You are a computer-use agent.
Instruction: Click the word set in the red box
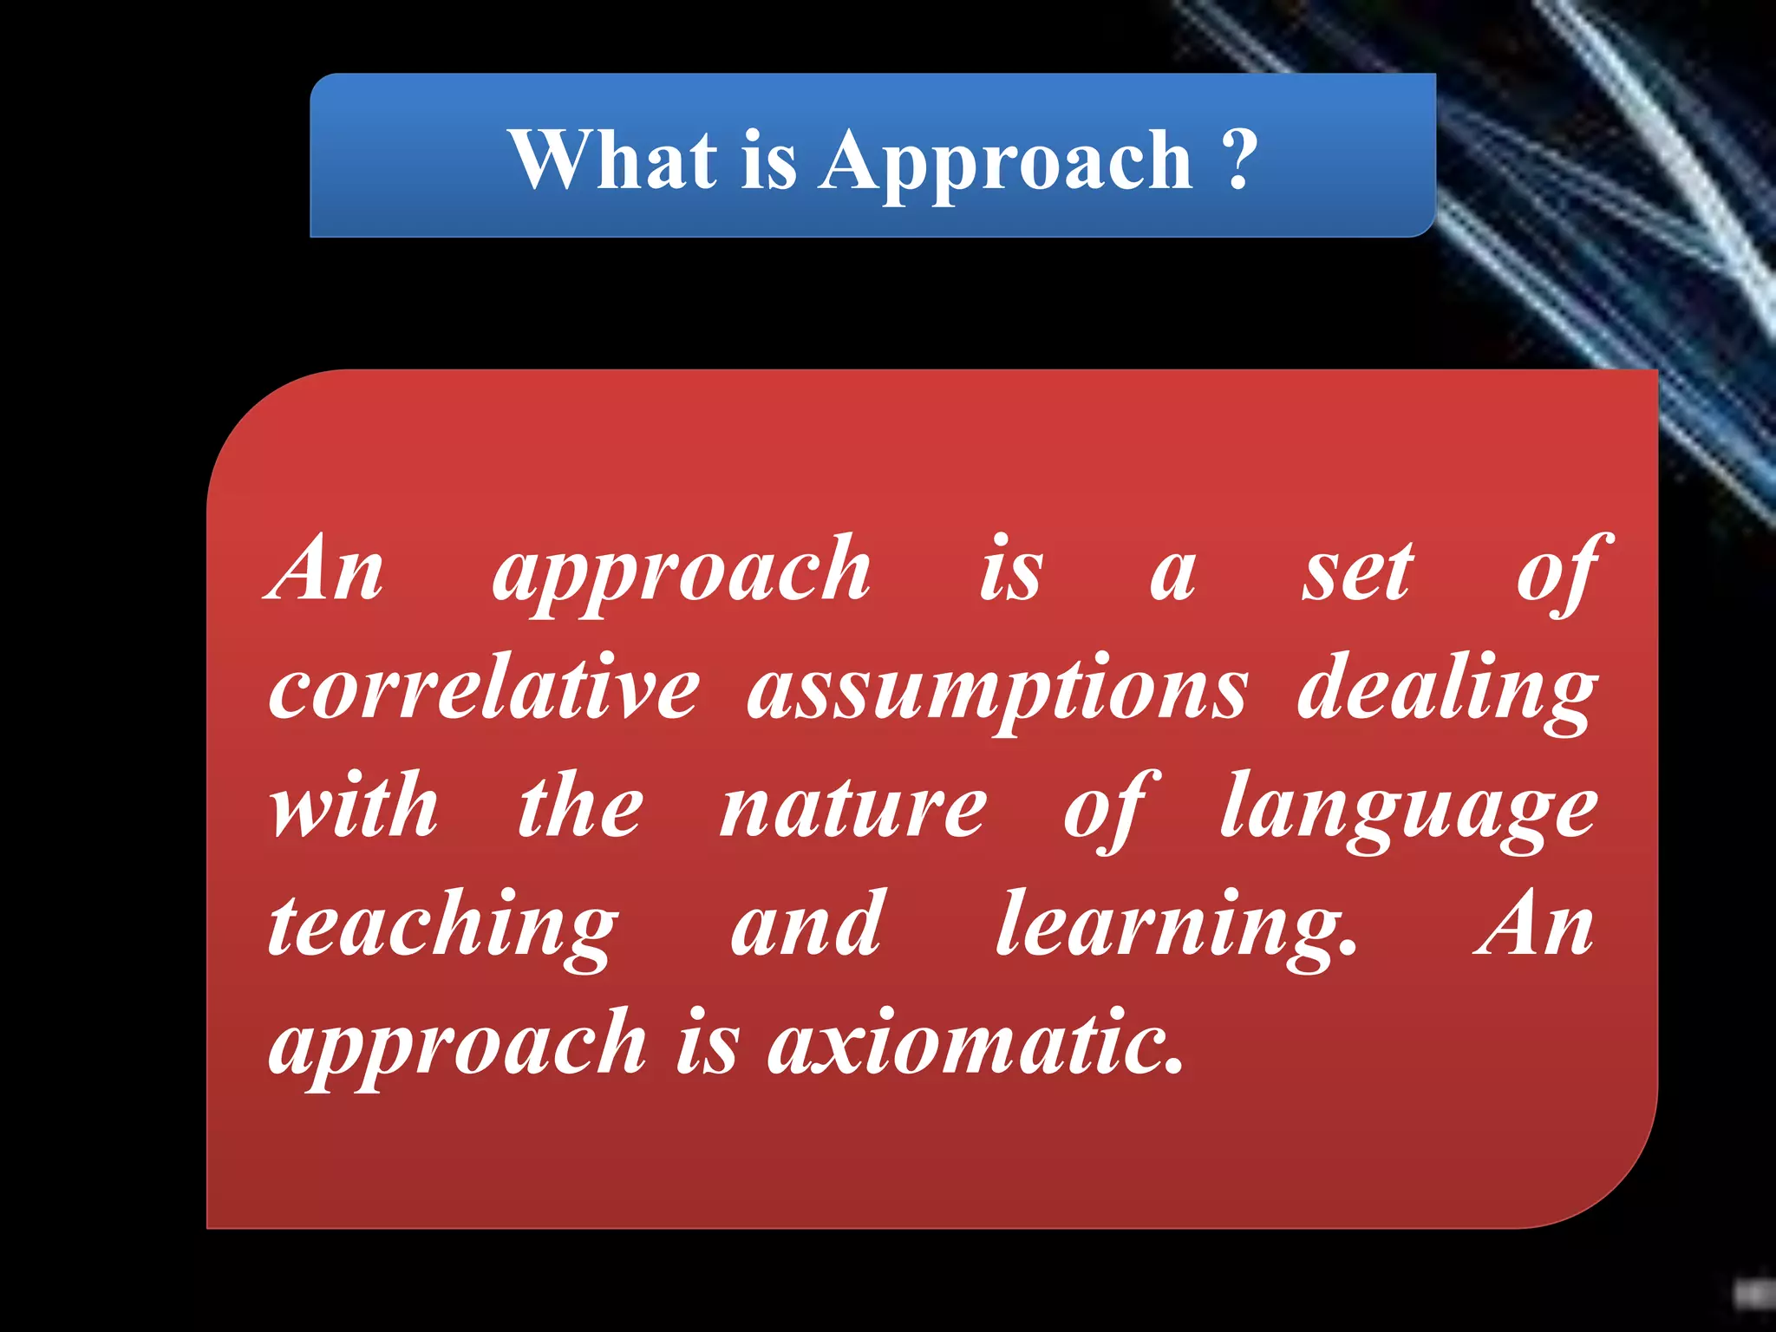coord(1358,572)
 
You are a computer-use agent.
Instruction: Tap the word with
coord(355,806)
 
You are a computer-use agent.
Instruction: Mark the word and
coord(806,925)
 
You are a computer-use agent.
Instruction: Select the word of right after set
coord(1562,572)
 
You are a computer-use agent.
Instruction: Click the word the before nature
coord(580,806)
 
